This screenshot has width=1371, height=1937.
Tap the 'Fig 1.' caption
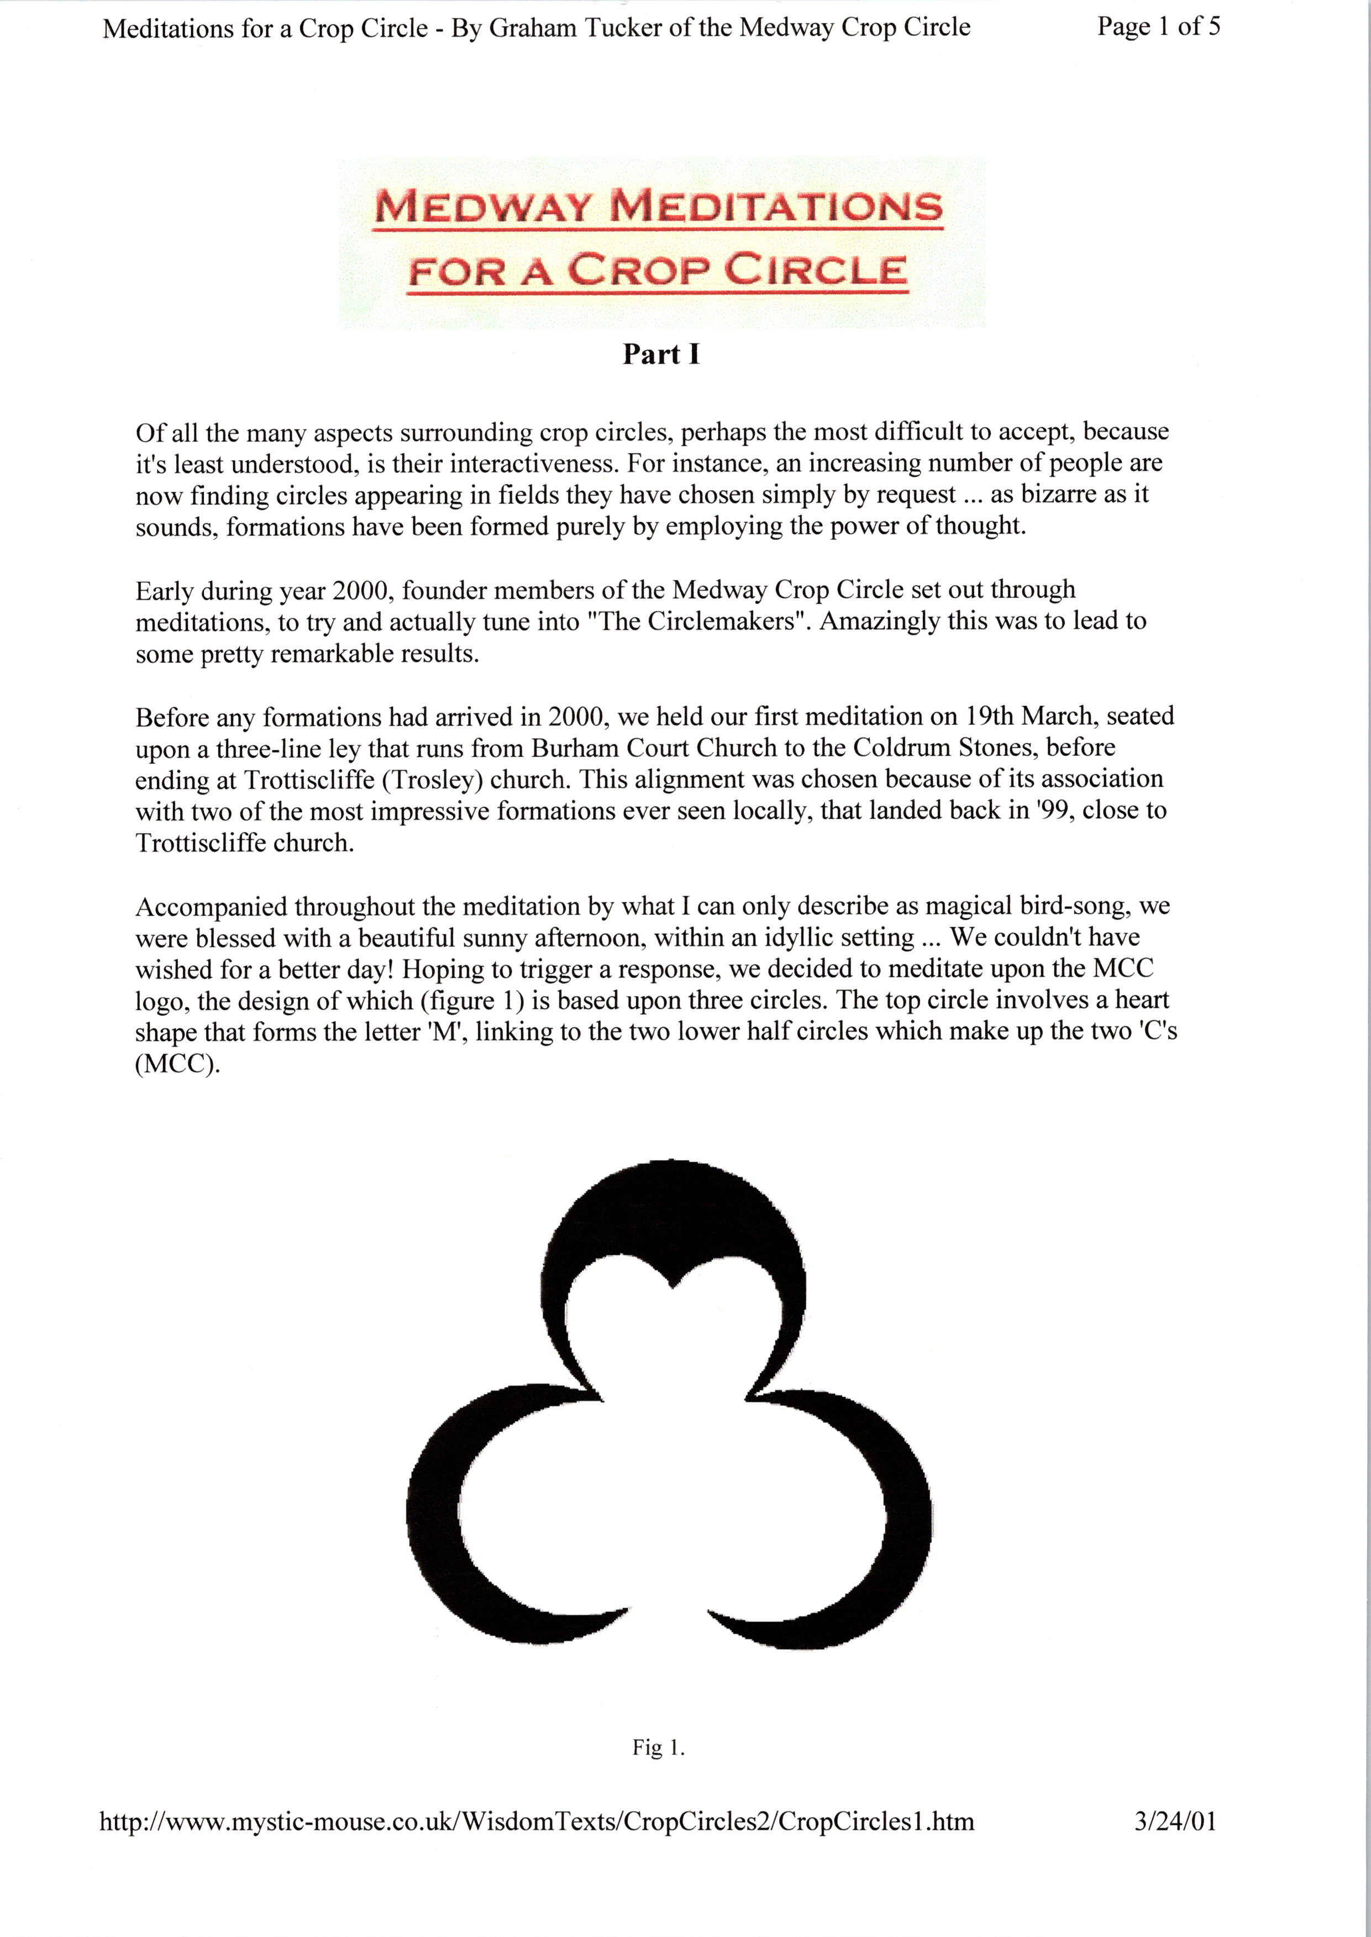(x=659, y=1747)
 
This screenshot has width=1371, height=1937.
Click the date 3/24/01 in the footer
(x=1175, y=1822)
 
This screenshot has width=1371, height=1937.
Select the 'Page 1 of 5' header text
(x=1158, y=27)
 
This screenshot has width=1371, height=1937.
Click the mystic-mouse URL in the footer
(x=537, y=1822)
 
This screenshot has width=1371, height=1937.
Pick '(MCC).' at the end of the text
(x=177, y=1064)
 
